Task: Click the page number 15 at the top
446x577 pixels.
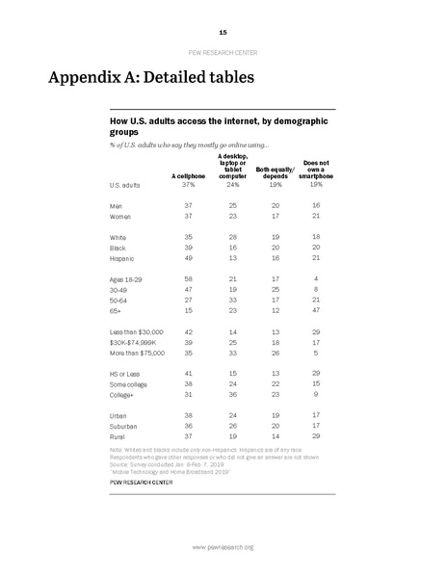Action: coord(223,32)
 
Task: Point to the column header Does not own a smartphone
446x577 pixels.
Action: coord(315,170)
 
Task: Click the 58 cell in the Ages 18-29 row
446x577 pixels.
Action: coord(188,277)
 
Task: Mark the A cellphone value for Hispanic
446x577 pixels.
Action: coord(188,258)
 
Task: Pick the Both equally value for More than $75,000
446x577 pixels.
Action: coord(272,353)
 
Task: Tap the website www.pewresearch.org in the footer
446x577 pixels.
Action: coord(223,547)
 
